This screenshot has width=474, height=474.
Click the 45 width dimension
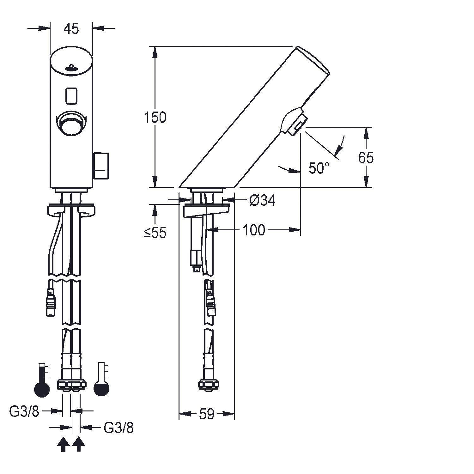point(71,29)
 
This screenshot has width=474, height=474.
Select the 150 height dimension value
point(155,117)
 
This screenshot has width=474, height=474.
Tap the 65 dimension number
point(366,157)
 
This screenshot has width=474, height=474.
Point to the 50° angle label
point(319,168)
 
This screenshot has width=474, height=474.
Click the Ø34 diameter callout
point(262,200)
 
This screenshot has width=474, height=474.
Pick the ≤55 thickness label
point(155,233)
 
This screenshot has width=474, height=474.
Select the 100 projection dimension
point(254,230)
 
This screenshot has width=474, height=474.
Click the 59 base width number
point(207,414)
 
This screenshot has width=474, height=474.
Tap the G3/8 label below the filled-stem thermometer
point(24,411)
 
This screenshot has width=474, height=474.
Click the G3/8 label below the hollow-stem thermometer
point(119,428)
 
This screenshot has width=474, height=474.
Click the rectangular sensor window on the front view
point(71,95)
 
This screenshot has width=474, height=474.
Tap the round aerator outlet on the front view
point(71,124)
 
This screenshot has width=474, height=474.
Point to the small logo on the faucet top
point(71,68)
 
